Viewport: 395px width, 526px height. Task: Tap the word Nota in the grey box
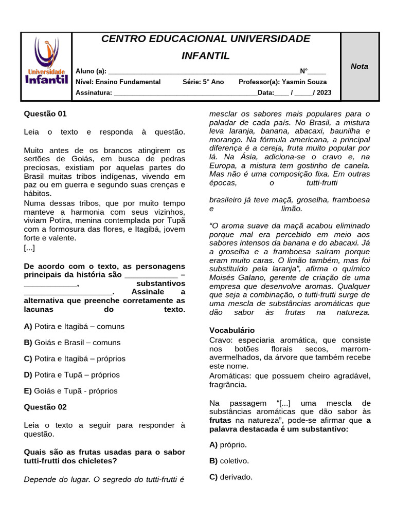pos(360,66)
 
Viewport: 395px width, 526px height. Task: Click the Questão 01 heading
pos(45,114)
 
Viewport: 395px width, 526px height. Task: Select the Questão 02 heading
pos(45,407)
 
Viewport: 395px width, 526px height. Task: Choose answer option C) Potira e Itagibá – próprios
pos(75,359)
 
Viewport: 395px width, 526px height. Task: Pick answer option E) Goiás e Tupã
pos(70,391)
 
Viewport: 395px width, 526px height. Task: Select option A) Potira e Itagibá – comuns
pos(74,326)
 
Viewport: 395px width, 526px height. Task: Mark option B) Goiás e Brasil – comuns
pos(72,343)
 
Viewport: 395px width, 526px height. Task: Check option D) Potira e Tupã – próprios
pos(71,374)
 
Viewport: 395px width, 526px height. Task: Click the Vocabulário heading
pos(232,330)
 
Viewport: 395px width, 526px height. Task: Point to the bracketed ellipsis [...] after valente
pos(29,248)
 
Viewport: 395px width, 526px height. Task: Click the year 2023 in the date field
pos(324,92)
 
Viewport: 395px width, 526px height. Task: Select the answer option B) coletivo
pos(229,461)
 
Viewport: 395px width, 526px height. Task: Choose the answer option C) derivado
pos(230,477)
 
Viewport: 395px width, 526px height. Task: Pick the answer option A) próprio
pos(228,444)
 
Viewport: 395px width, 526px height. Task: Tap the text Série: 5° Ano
pos(203,82)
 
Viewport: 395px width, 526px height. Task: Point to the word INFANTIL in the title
pos(206,56)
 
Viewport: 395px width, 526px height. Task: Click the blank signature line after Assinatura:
pos(185,93)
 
